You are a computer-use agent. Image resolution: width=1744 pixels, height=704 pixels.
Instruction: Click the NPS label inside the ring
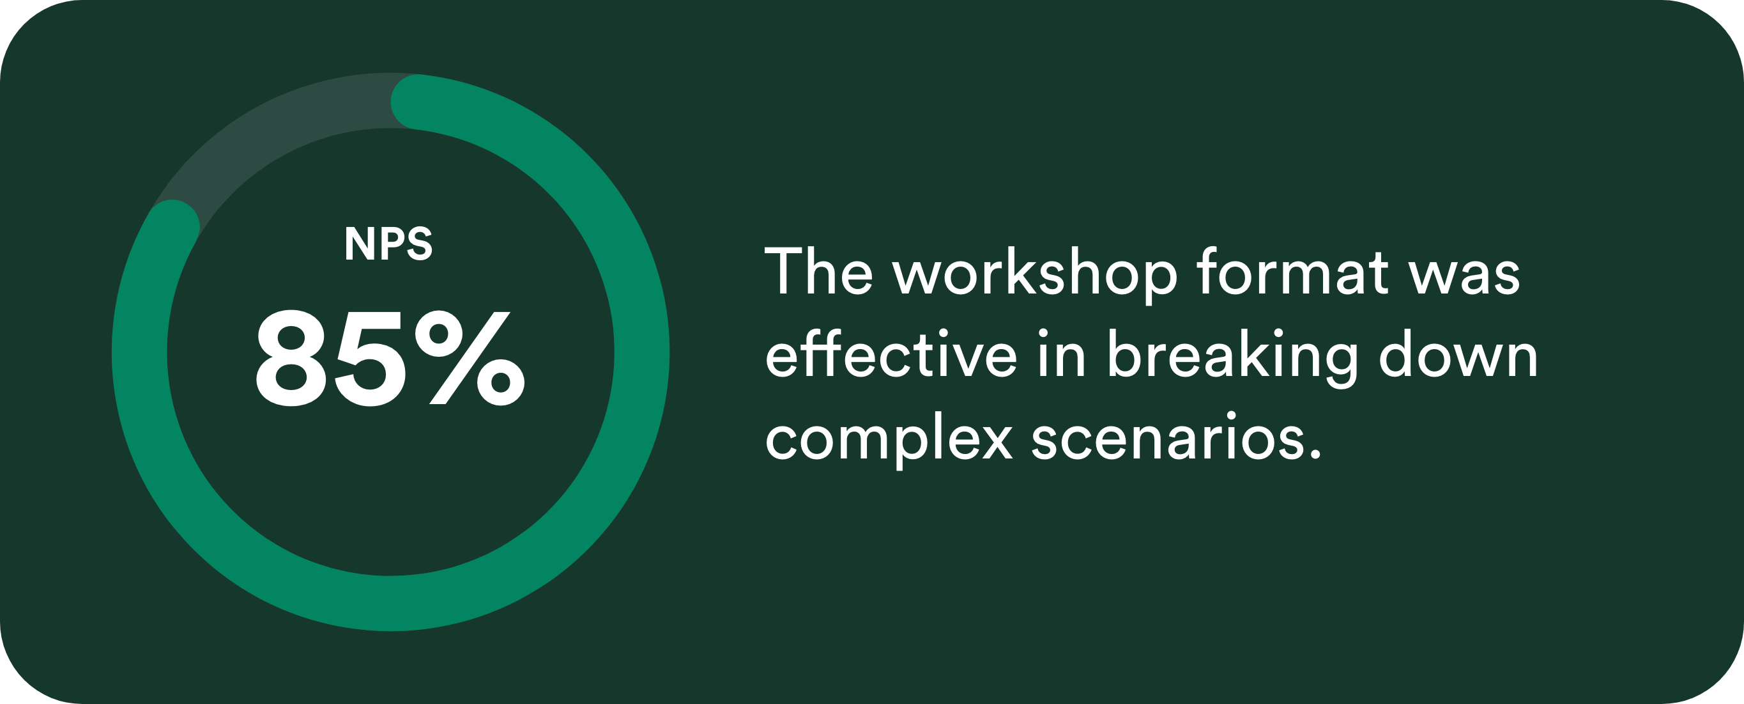388,243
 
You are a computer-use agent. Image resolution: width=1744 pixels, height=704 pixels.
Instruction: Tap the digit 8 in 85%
292,359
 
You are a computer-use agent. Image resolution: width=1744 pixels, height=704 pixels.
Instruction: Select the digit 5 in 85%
371,359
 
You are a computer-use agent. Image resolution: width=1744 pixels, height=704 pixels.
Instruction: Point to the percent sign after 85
470,359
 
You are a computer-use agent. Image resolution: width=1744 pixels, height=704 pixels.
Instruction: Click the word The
819,271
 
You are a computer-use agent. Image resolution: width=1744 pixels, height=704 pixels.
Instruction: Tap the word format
1293,271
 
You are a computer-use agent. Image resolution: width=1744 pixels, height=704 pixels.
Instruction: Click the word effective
891,353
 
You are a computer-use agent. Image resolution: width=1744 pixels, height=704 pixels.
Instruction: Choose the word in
1062,353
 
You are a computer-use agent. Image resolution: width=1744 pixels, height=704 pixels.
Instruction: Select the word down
1458,353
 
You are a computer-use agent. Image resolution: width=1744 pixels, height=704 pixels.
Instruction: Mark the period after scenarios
1315,455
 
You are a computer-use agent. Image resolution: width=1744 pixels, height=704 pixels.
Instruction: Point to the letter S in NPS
419,243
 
